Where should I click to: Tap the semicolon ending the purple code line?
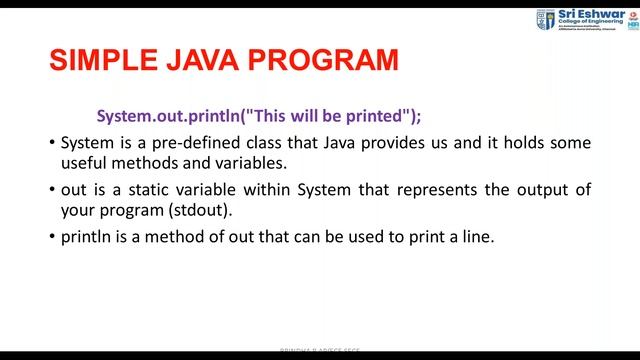tap(419, 115)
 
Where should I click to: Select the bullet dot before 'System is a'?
tap(52, 144)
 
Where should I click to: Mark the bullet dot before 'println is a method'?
tap(52, 237)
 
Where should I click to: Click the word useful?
tap(84, 162)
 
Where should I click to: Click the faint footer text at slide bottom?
tap(320, 354)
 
